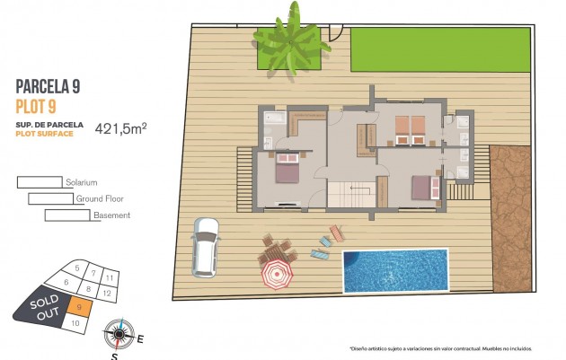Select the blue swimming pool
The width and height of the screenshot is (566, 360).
[x=394, y=270]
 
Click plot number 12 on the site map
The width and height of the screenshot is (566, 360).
[x=106, y=293]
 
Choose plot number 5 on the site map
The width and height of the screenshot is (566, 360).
[x=78, y=268]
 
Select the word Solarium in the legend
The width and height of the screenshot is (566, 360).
[x=81, y=182]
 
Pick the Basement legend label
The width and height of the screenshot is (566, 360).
[x=111, y=215]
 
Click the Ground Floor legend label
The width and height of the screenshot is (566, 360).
[x=100, y=199]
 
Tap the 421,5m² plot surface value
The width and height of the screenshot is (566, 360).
[x=120, y=128]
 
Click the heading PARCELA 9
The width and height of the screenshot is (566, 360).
[x=48, y=86]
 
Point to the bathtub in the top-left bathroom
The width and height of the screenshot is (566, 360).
[x=272, y=118]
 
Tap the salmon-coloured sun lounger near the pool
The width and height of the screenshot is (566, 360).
[x=336, y=234]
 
